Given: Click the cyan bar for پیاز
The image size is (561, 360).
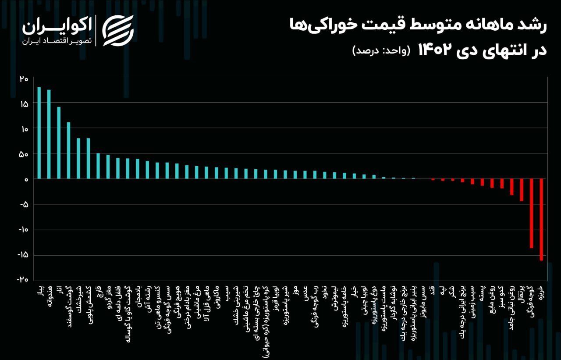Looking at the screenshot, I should (x=39, y=133).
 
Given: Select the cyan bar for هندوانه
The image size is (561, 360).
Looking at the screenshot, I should (x=49, y=134).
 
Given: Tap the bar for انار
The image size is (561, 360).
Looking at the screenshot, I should (x=59, y=143).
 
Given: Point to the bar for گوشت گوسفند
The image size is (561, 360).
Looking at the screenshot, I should (x=68, y=150).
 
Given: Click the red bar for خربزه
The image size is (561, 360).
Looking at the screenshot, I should (x=541, y=220).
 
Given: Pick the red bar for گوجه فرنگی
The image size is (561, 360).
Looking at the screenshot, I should (x=532, y=214).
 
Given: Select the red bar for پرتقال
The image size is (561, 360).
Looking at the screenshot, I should (x=522, y=190).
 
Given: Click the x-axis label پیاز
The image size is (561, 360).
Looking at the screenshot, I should (x=39, y=290).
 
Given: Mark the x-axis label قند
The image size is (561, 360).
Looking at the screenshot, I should (x=433, y=290).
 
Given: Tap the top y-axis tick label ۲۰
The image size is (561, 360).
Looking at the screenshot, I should (x=24, y=79).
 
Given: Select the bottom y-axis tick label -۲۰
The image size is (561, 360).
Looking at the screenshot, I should (x=23, y=280).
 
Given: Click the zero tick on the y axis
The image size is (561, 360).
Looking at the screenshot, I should (x=26, y=179).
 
